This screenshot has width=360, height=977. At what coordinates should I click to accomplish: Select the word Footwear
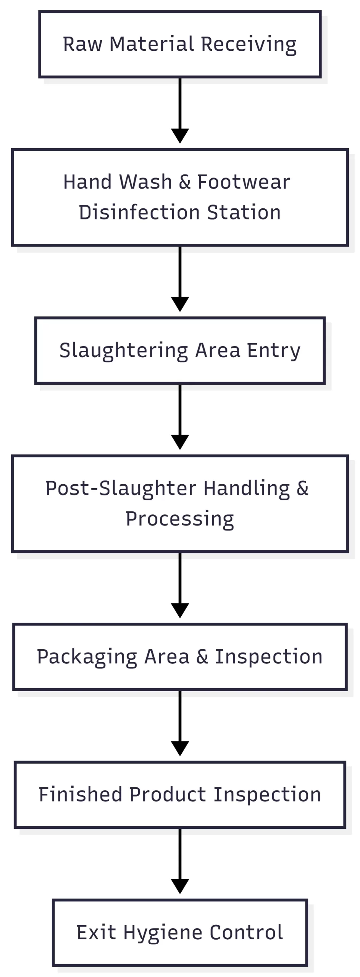click(x=244, y=182)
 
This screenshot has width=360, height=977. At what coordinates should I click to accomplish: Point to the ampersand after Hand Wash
click(x=184, y=182)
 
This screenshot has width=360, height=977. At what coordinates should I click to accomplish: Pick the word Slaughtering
click(x=124, y=351)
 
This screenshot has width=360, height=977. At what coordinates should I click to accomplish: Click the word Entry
click(x=274, y=351)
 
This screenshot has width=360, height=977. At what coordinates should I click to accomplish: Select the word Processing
click(x=179, y=519)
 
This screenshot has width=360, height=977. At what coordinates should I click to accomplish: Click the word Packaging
click(x=87, y=657)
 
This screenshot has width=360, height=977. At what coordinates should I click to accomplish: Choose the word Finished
click(x=81, y=795)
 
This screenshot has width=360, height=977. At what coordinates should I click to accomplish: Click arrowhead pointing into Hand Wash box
click(x=180, y=135)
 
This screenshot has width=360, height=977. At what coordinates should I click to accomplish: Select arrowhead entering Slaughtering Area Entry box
click(x=180, y=304)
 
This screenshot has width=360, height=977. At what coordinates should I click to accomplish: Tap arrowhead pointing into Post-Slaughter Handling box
click(x=180, y=442)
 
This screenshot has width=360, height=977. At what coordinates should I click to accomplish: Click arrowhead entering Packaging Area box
click(x=180, y=610)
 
